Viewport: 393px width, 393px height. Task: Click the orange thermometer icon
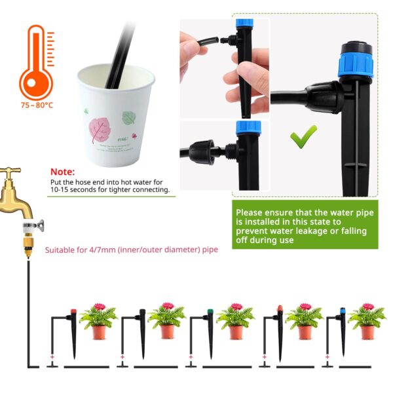click(x=36, y=63)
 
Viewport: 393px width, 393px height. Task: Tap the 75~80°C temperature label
click(x=37, y=105)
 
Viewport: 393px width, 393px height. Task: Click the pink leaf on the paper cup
click(x=99, y=130)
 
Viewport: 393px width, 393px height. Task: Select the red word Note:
click(x=63, y=172)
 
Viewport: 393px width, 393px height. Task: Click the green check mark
click(x=303, y=137)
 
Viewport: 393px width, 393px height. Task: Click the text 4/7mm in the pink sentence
click(x=103, y=250)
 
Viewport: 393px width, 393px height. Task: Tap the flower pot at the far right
click(x=367, y=332)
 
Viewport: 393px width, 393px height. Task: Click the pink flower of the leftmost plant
click(x=100, y=307)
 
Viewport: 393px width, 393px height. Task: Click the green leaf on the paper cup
click(x=129, y=118)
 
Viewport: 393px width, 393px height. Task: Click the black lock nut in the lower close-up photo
click(x=202, y=152)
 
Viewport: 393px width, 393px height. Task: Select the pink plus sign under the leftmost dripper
click(x=52, y=357)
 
